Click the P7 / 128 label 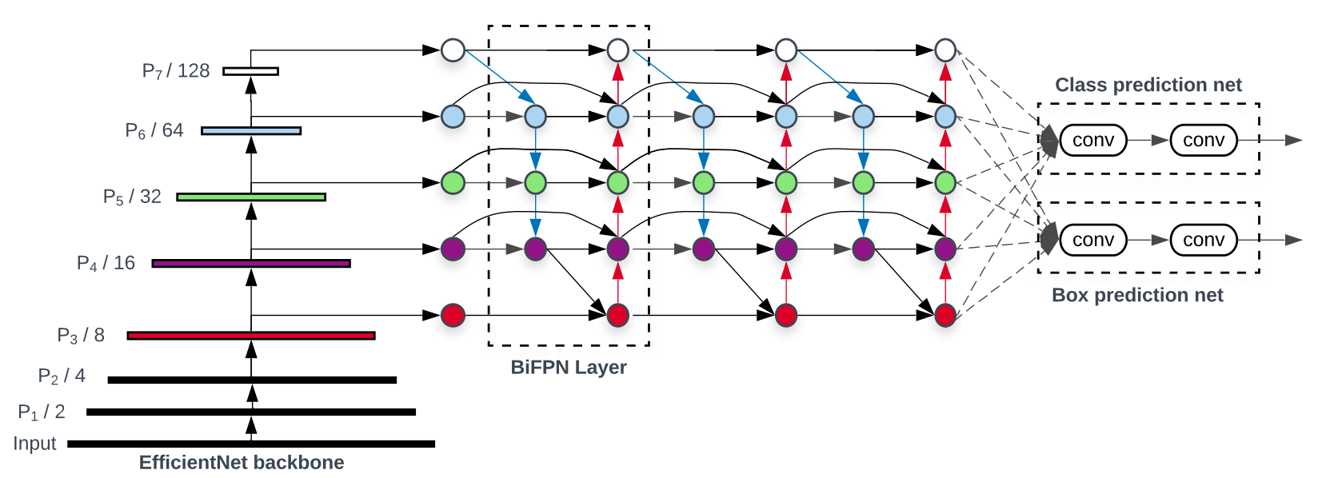coord(175,71)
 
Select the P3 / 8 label coord(81,336)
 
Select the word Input coord(34,444)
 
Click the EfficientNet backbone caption coord(242,462)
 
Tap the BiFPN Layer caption coord(568,367)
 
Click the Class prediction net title coord(1148,85)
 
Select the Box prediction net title coord(1136,295)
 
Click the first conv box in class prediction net coord(1092,140)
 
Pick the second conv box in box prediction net coord(1203,240)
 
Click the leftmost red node coord(453,315)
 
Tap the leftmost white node coord(453,50)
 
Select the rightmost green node coord(945,183)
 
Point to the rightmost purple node coord(945,249)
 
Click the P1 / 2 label coord(42,412)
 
